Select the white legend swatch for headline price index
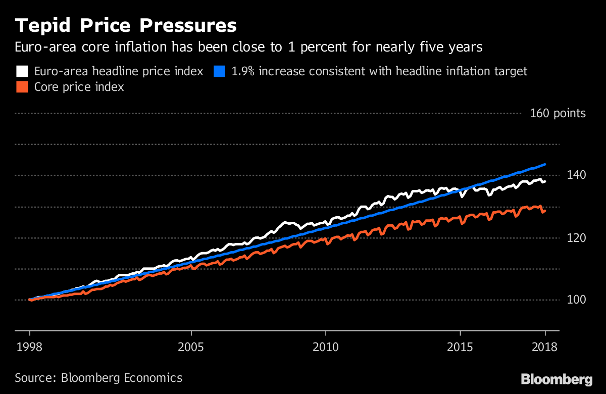[x=22, y=71]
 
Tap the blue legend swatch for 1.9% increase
[x=219, y=71]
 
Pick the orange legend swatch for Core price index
[x=22, y=87]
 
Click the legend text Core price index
[x=79, y=87]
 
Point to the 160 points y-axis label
[x=558, y=113]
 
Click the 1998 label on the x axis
[x=30, y=348]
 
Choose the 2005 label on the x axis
[x=191, y=348]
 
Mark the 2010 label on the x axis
[x=326, y=348]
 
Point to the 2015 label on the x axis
[x=460, y=348]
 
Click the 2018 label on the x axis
[x=545, y=348]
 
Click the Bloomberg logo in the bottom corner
[x=557, y=379]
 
